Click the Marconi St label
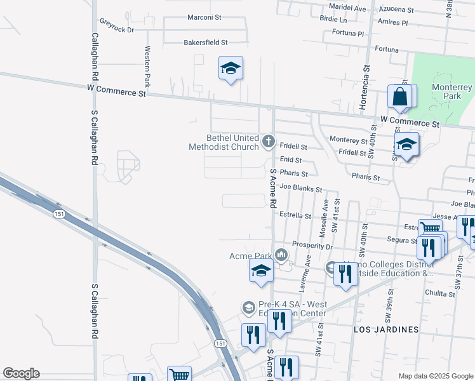point(203,18)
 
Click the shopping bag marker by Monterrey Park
point(400,98)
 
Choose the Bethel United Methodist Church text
point(224,142)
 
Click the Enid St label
point(290,161)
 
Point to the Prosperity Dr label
point(312,245)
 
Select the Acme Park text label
point(250,256)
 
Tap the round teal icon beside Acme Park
point(281,255)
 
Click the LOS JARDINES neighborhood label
point(386,330)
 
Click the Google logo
point(21,373)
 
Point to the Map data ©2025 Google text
point(435,376)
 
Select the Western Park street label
point(147,67)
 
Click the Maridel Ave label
point(347,9)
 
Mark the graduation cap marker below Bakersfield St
point(231,68)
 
